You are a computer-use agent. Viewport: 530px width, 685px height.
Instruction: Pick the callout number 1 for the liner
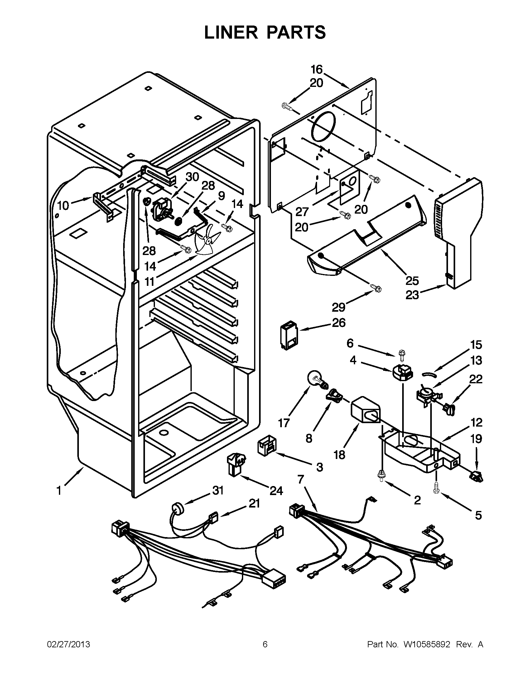59,490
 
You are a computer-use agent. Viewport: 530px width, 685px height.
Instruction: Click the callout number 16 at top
317,69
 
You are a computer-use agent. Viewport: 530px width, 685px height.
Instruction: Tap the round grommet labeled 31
178,508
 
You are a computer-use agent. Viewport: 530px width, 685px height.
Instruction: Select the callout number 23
412,295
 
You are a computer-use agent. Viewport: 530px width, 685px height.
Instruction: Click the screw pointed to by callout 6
402,352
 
